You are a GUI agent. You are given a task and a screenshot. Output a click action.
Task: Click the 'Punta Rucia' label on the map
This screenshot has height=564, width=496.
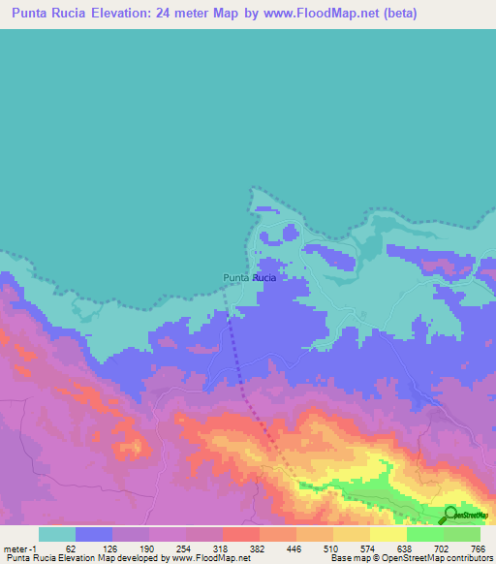pyautogui.click(x=249, y=278)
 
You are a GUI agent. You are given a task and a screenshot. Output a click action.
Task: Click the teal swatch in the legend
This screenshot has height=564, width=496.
pyautogui.click(x=57, y=534)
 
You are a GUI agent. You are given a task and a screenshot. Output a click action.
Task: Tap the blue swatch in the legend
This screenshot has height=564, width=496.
pyautogui.click(x=94, y=534)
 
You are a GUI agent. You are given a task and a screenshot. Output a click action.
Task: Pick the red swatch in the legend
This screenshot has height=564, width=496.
pyautogui.click(x=241, y=534)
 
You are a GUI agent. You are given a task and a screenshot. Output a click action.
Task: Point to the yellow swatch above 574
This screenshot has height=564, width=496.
pyautogui.click(x=352, y=534)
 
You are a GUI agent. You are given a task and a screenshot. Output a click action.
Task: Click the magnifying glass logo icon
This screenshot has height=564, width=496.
pyautogui.click(x=450, y=515)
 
